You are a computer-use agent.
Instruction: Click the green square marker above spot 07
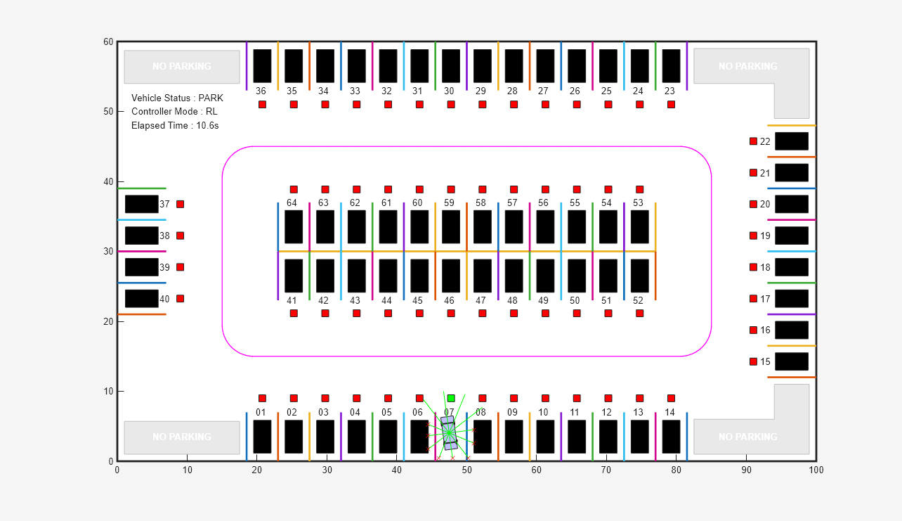451,398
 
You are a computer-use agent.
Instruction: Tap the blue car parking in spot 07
449,433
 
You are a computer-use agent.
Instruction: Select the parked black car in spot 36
262,66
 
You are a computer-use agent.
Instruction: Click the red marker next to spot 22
753,141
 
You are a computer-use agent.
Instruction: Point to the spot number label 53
638,203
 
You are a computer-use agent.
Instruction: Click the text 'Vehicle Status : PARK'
177,98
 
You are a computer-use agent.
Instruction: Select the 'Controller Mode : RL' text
174,111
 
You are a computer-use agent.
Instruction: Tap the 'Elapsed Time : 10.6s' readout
175,125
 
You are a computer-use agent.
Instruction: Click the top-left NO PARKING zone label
182,67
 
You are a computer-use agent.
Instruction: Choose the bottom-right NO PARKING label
747,437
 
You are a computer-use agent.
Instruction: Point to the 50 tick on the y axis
108,111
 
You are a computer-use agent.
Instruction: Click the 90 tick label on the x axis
746,470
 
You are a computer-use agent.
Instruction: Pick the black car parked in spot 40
142,299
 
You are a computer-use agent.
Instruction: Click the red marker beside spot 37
180,204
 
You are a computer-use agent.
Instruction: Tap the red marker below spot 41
294,313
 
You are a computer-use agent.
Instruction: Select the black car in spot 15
792,361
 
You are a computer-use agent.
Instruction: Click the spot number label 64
292,203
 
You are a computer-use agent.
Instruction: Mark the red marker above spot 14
671,398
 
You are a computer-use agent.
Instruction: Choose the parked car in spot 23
671,66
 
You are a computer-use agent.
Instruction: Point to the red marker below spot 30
451,104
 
